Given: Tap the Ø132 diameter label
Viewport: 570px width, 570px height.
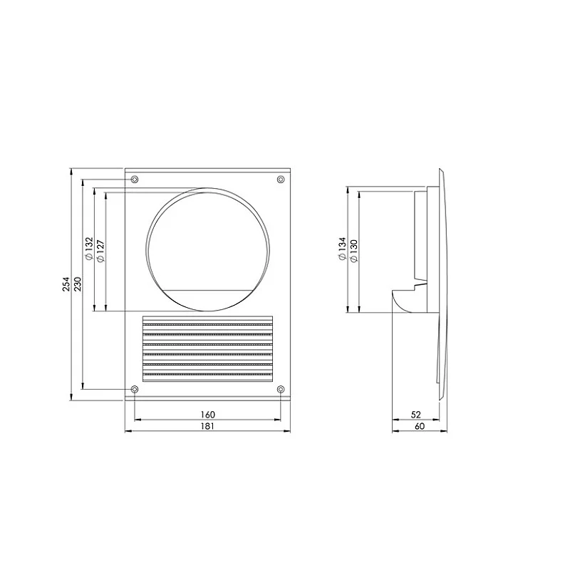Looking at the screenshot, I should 89,251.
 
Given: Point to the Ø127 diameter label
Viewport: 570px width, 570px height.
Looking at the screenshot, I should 100,251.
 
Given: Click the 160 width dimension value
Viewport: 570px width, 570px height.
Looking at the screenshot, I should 207,415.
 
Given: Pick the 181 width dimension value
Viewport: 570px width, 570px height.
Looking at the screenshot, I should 207,426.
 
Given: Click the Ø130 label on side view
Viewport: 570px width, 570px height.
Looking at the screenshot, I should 353,251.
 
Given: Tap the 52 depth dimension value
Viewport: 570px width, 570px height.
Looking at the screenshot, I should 417,415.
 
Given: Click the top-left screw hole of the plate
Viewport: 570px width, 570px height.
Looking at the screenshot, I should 135,179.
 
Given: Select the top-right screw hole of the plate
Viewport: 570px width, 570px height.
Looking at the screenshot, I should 280,179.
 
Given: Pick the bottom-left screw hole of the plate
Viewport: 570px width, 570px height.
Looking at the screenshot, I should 135,389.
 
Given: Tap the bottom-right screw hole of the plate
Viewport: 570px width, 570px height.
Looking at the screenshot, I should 280,389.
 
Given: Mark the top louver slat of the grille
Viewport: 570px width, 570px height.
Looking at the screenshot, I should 207,321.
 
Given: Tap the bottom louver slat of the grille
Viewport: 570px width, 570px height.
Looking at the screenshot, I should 207,378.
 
